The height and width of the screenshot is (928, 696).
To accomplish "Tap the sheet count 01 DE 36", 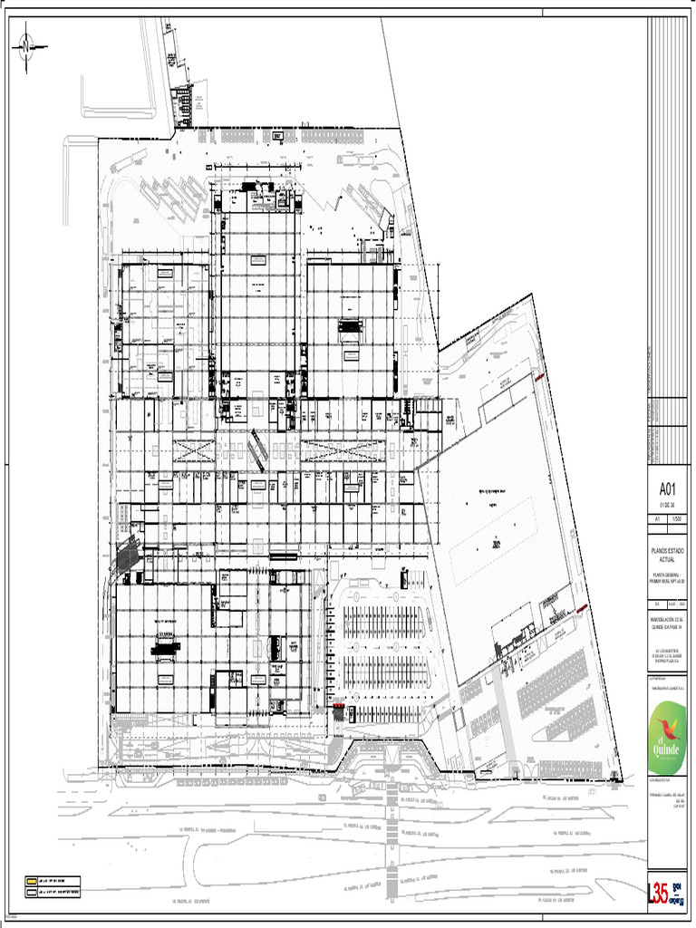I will (x=669, y=504).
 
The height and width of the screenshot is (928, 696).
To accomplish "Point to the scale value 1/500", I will (x=678, y=519).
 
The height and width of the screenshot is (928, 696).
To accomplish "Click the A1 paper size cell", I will (x=658, y=519).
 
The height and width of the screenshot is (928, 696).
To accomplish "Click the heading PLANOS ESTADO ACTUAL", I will (x=669, y=555).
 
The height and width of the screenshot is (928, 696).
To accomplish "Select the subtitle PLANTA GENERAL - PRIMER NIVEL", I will (x=669, y=575).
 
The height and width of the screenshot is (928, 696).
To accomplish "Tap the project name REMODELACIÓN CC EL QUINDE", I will (x=669, y=624).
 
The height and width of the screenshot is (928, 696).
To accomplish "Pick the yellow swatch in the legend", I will (x=30, y=881).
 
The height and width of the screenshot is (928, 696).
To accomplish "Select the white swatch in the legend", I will (x=30, y=894).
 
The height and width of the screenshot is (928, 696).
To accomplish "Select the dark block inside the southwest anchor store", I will (x=165, y=648).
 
